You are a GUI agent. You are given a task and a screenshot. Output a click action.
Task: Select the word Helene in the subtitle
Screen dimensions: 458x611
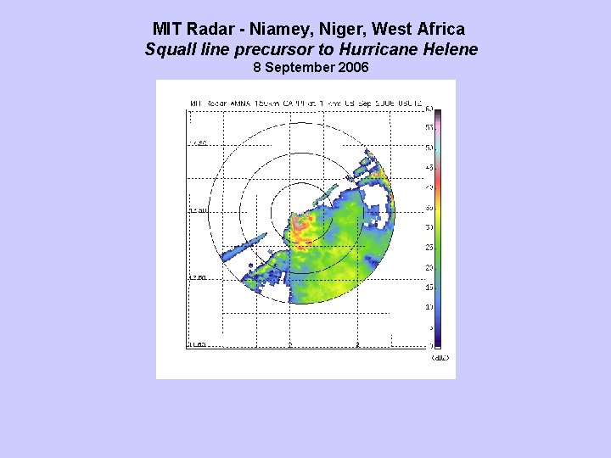coord(448,49)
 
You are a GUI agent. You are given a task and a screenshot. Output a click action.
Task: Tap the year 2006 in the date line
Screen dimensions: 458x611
coord(352,67)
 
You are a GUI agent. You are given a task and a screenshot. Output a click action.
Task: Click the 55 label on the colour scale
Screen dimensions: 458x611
coord(429,126)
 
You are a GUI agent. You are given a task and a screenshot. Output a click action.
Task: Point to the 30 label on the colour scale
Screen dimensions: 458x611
coord(429,226)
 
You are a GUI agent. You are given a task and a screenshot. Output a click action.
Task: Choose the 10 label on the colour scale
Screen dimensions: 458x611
coord(429,307)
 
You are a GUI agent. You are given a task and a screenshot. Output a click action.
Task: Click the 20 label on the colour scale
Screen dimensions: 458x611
coord(429,267)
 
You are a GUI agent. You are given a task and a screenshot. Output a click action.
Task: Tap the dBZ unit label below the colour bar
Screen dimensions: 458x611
coord(440,357)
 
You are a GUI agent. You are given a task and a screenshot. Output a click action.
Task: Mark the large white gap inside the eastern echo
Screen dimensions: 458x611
coord(379,209)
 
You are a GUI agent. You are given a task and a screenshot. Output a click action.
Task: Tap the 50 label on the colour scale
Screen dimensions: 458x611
coord(429,147)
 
